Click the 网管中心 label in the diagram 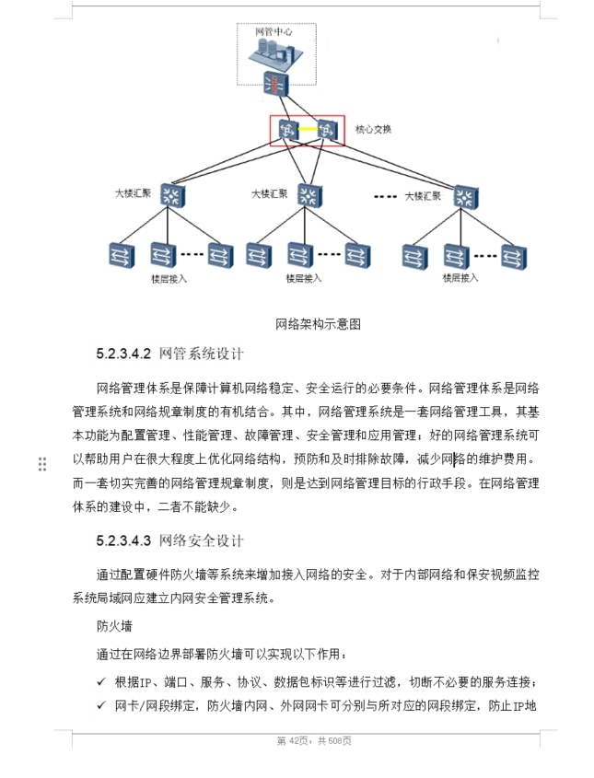pos(274,31)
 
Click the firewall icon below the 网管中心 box pos(275,85)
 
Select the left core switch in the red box pos(285,130)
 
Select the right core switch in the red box pos(327,130)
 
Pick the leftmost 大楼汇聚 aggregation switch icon pos(169,195)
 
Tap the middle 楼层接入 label pos(304,278)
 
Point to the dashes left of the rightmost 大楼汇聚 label pos(386,195)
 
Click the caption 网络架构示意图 pos(318,324)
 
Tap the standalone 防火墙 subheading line pos(113,627)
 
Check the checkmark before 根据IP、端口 pos(101,682)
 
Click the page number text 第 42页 pos(288,741)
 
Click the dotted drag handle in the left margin pos(42,464)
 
